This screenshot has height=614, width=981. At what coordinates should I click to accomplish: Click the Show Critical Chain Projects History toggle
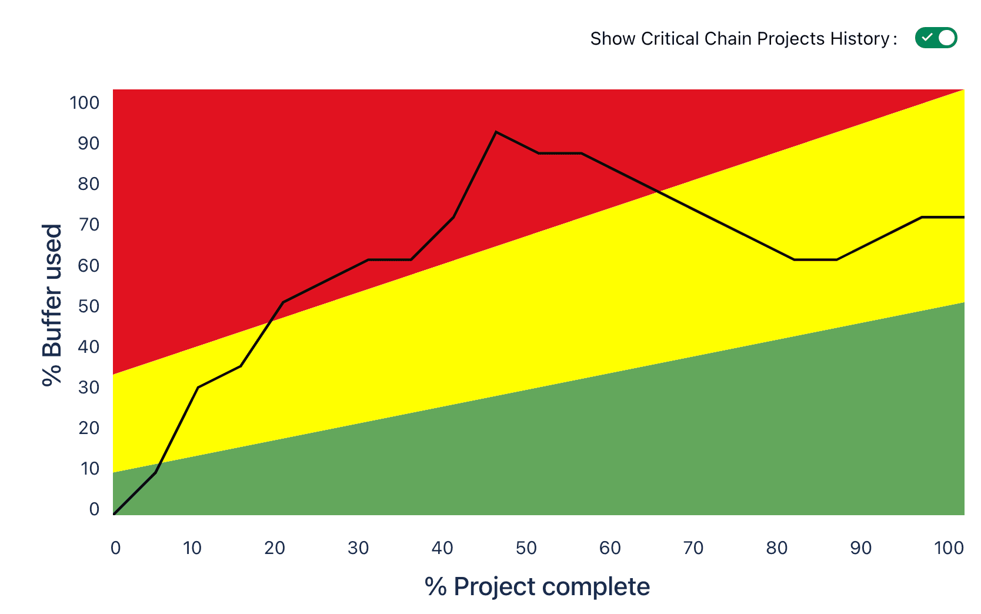[x=936, y=38]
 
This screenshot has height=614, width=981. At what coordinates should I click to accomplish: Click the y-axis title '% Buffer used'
[x=52, y=305]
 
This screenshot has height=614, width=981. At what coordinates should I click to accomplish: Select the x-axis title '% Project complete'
[x=537, y=587]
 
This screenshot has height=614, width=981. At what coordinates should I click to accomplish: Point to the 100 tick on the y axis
[x=85, y=103]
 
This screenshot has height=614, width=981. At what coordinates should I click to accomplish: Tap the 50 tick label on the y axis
[x=89, y=306]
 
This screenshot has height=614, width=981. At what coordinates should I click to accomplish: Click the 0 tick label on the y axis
[x=94, y=509]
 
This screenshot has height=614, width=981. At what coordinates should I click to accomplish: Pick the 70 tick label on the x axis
[x=693, y=548]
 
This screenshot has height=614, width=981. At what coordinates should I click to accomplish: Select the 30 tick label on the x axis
[x=358, y=548]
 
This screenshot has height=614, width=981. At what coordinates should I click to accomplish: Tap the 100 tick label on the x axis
[x=949, y=548]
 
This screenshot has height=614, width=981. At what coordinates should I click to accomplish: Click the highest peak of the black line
[x=496, y=132]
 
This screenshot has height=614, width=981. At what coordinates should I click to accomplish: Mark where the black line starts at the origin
[x=114, y=514]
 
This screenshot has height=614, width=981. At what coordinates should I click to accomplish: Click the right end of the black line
[x=963, y=217]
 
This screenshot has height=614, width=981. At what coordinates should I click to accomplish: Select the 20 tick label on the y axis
[x=89, y=428]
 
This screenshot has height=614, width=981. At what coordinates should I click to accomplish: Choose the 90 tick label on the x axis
[x=861, y=548]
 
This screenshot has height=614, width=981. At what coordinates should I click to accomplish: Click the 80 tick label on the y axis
[x=89, y=184]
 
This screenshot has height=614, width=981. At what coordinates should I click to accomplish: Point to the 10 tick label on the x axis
[x=192, y=548]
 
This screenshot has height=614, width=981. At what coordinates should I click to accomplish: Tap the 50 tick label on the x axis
[x=526, y=548]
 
